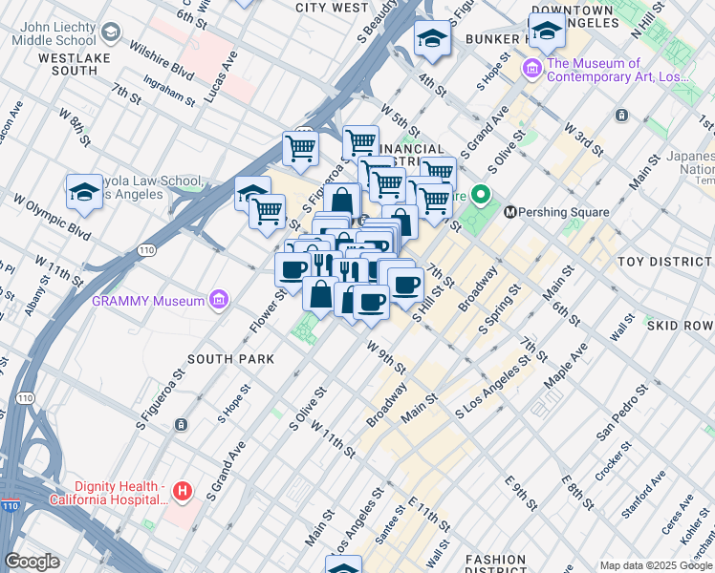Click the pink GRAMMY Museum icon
tap(220, 301)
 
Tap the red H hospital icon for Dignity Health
tap(183, 493)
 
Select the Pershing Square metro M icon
tap(510, 211)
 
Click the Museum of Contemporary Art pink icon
tap(532, 70)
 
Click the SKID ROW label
tap(680, 326)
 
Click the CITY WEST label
tap(332, 8)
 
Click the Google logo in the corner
tap(32, 562)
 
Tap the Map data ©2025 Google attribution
tap(655, 565)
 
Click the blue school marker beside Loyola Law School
tap(84, 193)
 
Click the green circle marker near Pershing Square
tap(482, 198)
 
